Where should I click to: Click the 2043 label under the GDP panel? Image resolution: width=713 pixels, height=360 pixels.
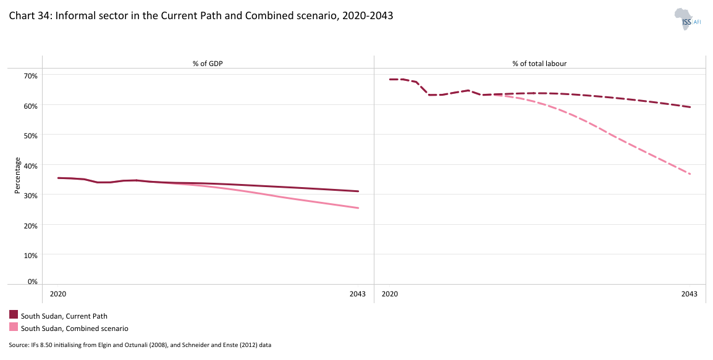coord(358,294)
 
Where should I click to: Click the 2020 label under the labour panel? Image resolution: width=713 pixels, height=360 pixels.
coord(390,294)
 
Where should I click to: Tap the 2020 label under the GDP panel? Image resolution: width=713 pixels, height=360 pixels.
coord(58,294)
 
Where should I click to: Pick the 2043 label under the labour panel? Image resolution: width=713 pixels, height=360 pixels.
coord(689,294)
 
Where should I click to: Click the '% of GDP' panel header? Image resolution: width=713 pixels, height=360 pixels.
coord(208,63)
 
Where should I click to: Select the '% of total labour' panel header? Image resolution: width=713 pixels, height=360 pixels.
coord(539,63)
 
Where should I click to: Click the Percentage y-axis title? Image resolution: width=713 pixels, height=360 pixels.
coord(18,176)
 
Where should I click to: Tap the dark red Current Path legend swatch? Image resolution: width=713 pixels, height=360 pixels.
coord(14,315)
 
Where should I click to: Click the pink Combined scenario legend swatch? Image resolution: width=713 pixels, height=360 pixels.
coord(14,328)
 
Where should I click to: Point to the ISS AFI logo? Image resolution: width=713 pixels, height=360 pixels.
coord(687,19)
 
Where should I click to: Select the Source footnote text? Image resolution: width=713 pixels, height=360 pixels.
coord(140,345)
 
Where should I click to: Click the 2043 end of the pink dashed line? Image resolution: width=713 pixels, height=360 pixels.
coord(690,174)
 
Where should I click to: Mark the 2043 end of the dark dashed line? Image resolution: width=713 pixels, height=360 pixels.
coord(690,107)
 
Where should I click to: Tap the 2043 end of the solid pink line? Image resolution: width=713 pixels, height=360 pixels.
coord(358,208)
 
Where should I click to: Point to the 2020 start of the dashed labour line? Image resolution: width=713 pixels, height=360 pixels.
coord(390,80)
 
